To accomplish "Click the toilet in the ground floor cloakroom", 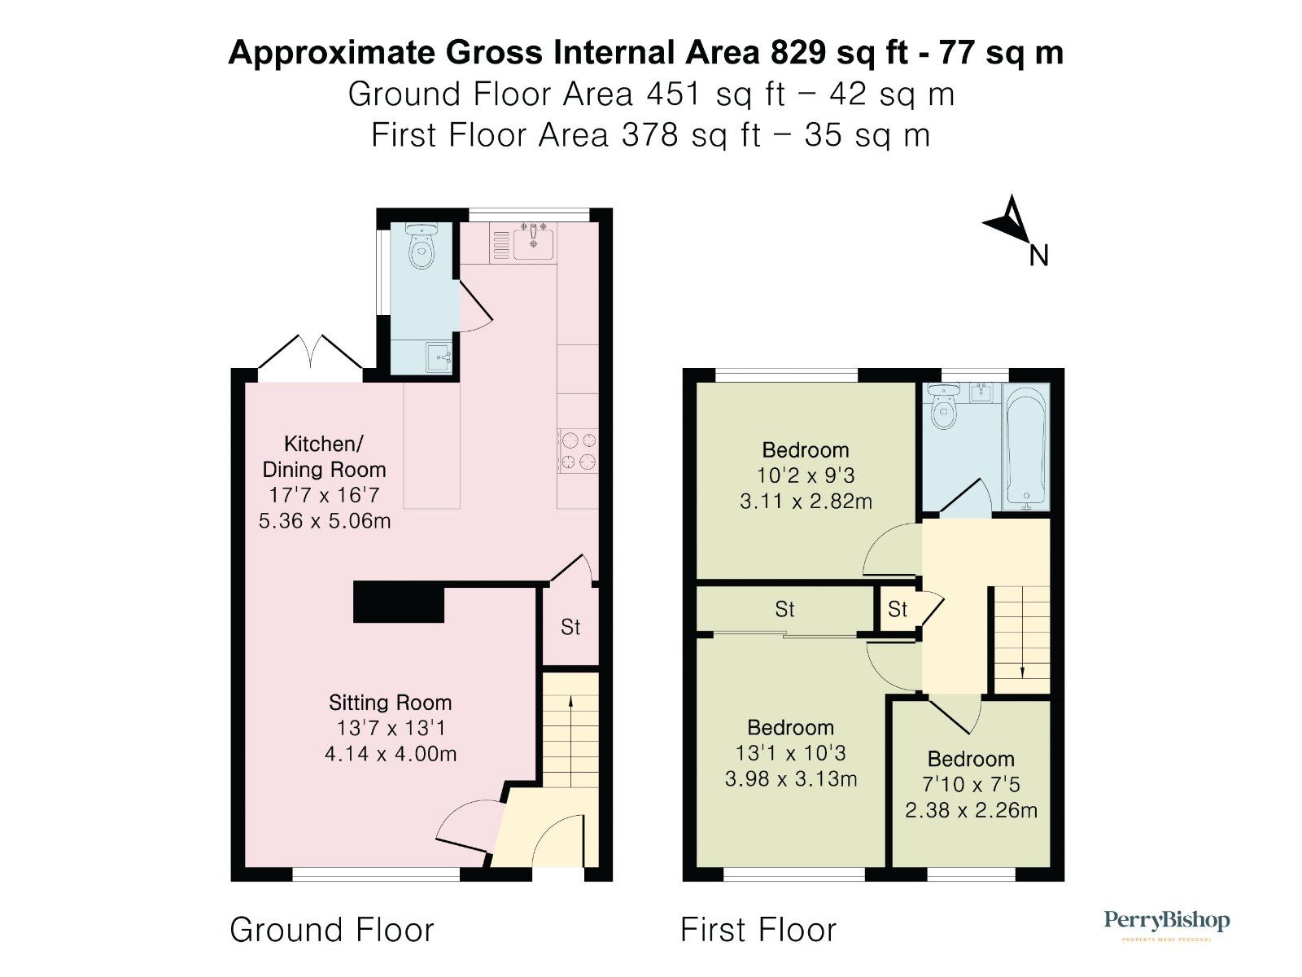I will pyautogui.click(x=421, y=246).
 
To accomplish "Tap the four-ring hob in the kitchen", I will pyautogui.click(x=578, y=451).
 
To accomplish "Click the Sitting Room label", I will pyautogui.click(x=390, y=703).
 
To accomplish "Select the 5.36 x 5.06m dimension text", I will pyautogui.click(x=325, y=520).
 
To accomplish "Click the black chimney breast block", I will pyautogui.click(x=399, y=602).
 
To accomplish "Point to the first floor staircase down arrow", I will pyautogui.click(x=1021, y=643).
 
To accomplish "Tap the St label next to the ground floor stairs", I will pyautogui.click(x=570, y=627).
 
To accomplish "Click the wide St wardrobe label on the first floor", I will pyautogui.click(x=784, y=609).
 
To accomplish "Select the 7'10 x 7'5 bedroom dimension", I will pyautogui.click(x=971, y=785).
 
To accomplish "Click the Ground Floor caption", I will pyautogui.click(x=332, y=930).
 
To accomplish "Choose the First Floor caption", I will pyautogui.click(x=758, y=930).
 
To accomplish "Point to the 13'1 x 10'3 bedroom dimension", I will pyautogui.click(x=790, y=753).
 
